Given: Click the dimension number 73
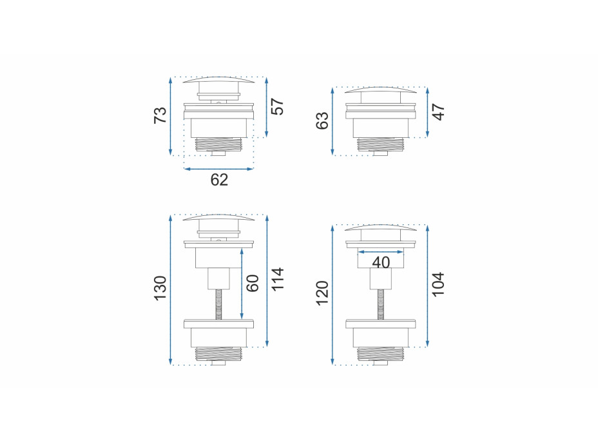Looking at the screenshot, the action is (x=160, y=115).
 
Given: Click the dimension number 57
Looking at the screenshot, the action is (x=278, y=107).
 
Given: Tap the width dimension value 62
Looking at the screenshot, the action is (x=219, y=180).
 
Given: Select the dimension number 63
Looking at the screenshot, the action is (x=322, y=120).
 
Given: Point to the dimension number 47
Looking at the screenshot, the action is (x=439, y=111).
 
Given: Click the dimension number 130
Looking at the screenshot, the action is (x=160, y=288).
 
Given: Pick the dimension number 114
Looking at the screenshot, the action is (x=278, y=279).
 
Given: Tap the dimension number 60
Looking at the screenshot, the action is (x=253, y=283).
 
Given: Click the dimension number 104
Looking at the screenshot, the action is (x=439, y=284).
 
